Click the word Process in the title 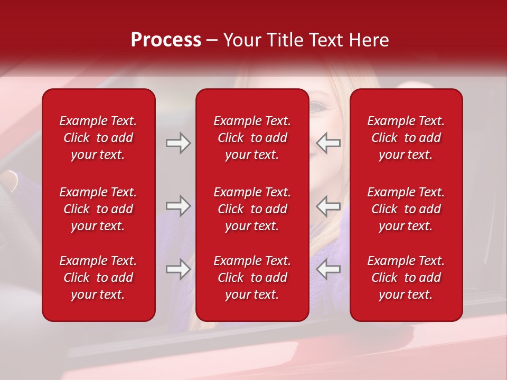pyautogui.click(x=166, y=40)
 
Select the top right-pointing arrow pyautogui.click(x=179, y=143)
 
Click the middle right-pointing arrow pyautogui.click(x=179, y=206)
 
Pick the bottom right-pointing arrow pyautogui.click(x=179, y=269)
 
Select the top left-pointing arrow pyautogui.click(x=328, y=143)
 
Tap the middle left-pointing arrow pyautogui.click(x=328, y=206)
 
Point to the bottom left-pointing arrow pyautogui.click(x=328, y=269)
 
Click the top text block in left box pyautogui.click(x=98, y=138)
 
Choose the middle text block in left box pyautogui.click(x=98, y=209)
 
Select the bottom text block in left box pyautogui.click(x=98, y=278)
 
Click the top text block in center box pyautogui.click(x=252, y=138)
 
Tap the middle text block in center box pyautogui.click(x=252, y=209)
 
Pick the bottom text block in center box pyautogui.click(x=252, y=278)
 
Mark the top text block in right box pyautogui.click(x=406, y=138)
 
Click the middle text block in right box pyautogui.click(x=406, y=209)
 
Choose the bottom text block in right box pyautogui.click(x=406, y=278)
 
